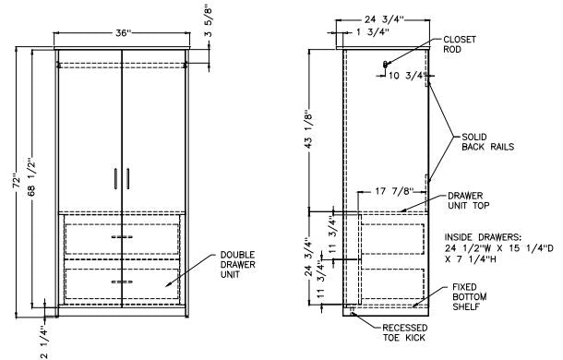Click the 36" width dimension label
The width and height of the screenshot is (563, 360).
124,33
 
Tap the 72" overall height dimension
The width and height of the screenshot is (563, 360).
17,181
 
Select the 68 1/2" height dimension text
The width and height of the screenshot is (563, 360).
32,177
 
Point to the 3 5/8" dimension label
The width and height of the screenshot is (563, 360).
209,20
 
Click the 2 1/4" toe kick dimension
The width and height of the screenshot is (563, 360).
44,342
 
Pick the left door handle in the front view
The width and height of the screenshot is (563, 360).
115,178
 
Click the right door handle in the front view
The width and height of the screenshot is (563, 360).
128,178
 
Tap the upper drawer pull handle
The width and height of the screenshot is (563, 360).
122,236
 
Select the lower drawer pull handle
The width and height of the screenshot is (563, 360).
122,282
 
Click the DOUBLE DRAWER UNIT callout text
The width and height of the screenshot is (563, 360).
238,265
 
